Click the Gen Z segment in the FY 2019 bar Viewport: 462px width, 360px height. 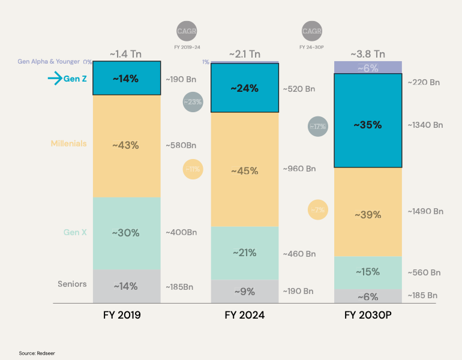coord(127,78)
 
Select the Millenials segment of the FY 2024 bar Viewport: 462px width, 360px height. coord(245,170)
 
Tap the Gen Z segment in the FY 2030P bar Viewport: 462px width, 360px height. coord(367,125)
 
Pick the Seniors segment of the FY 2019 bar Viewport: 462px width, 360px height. coord(127,286)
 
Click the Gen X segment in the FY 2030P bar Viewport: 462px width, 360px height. coord(367,272)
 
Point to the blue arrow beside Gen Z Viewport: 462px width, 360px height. coord(55,78)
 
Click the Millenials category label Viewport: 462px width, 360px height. coord(68,143)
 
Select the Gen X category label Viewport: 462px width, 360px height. coord(75,232)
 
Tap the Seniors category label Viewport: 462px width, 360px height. coord(72,284)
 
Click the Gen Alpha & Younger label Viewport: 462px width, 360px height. coord(50,62)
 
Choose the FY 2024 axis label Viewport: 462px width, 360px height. coord(245,314)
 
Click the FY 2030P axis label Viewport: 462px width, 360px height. coord(367,314)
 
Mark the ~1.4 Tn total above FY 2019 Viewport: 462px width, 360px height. coord(126,54)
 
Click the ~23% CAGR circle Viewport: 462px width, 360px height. coord(193,102)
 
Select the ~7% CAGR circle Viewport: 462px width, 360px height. coord(318,210)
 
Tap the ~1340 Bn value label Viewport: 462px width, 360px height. coord(425,125)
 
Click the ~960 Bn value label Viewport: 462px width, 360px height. coord(299,169)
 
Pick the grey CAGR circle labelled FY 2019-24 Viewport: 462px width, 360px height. coord(187,31)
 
